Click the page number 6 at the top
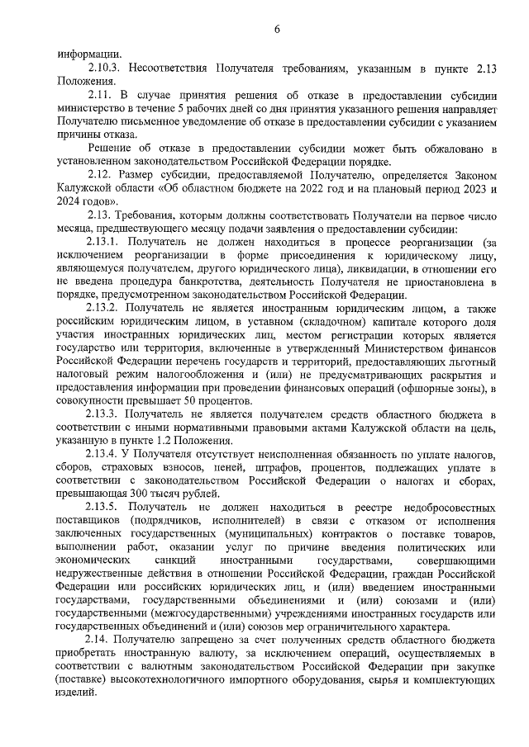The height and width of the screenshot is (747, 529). [x=277, y=31]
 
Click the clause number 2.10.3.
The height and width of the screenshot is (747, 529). [x=105, y=69]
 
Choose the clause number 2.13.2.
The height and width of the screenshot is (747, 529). [x=105, y=307]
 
